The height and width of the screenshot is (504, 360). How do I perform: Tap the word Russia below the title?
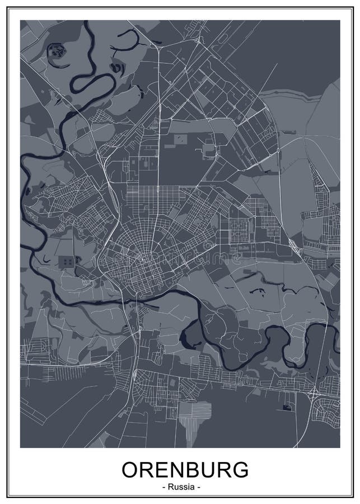180,487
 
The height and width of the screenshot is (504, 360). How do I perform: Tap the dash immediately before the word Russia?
163,487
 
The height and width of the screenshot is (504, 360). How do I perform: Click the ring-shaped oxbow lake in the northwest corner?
57,52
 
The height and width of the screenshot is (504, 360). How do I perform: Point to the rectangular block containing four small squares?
67,262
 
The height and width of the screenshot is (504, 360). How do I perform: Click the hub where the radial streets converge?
144,259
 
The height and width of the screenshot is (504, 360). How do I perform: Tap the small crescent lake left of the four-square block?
41,261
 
